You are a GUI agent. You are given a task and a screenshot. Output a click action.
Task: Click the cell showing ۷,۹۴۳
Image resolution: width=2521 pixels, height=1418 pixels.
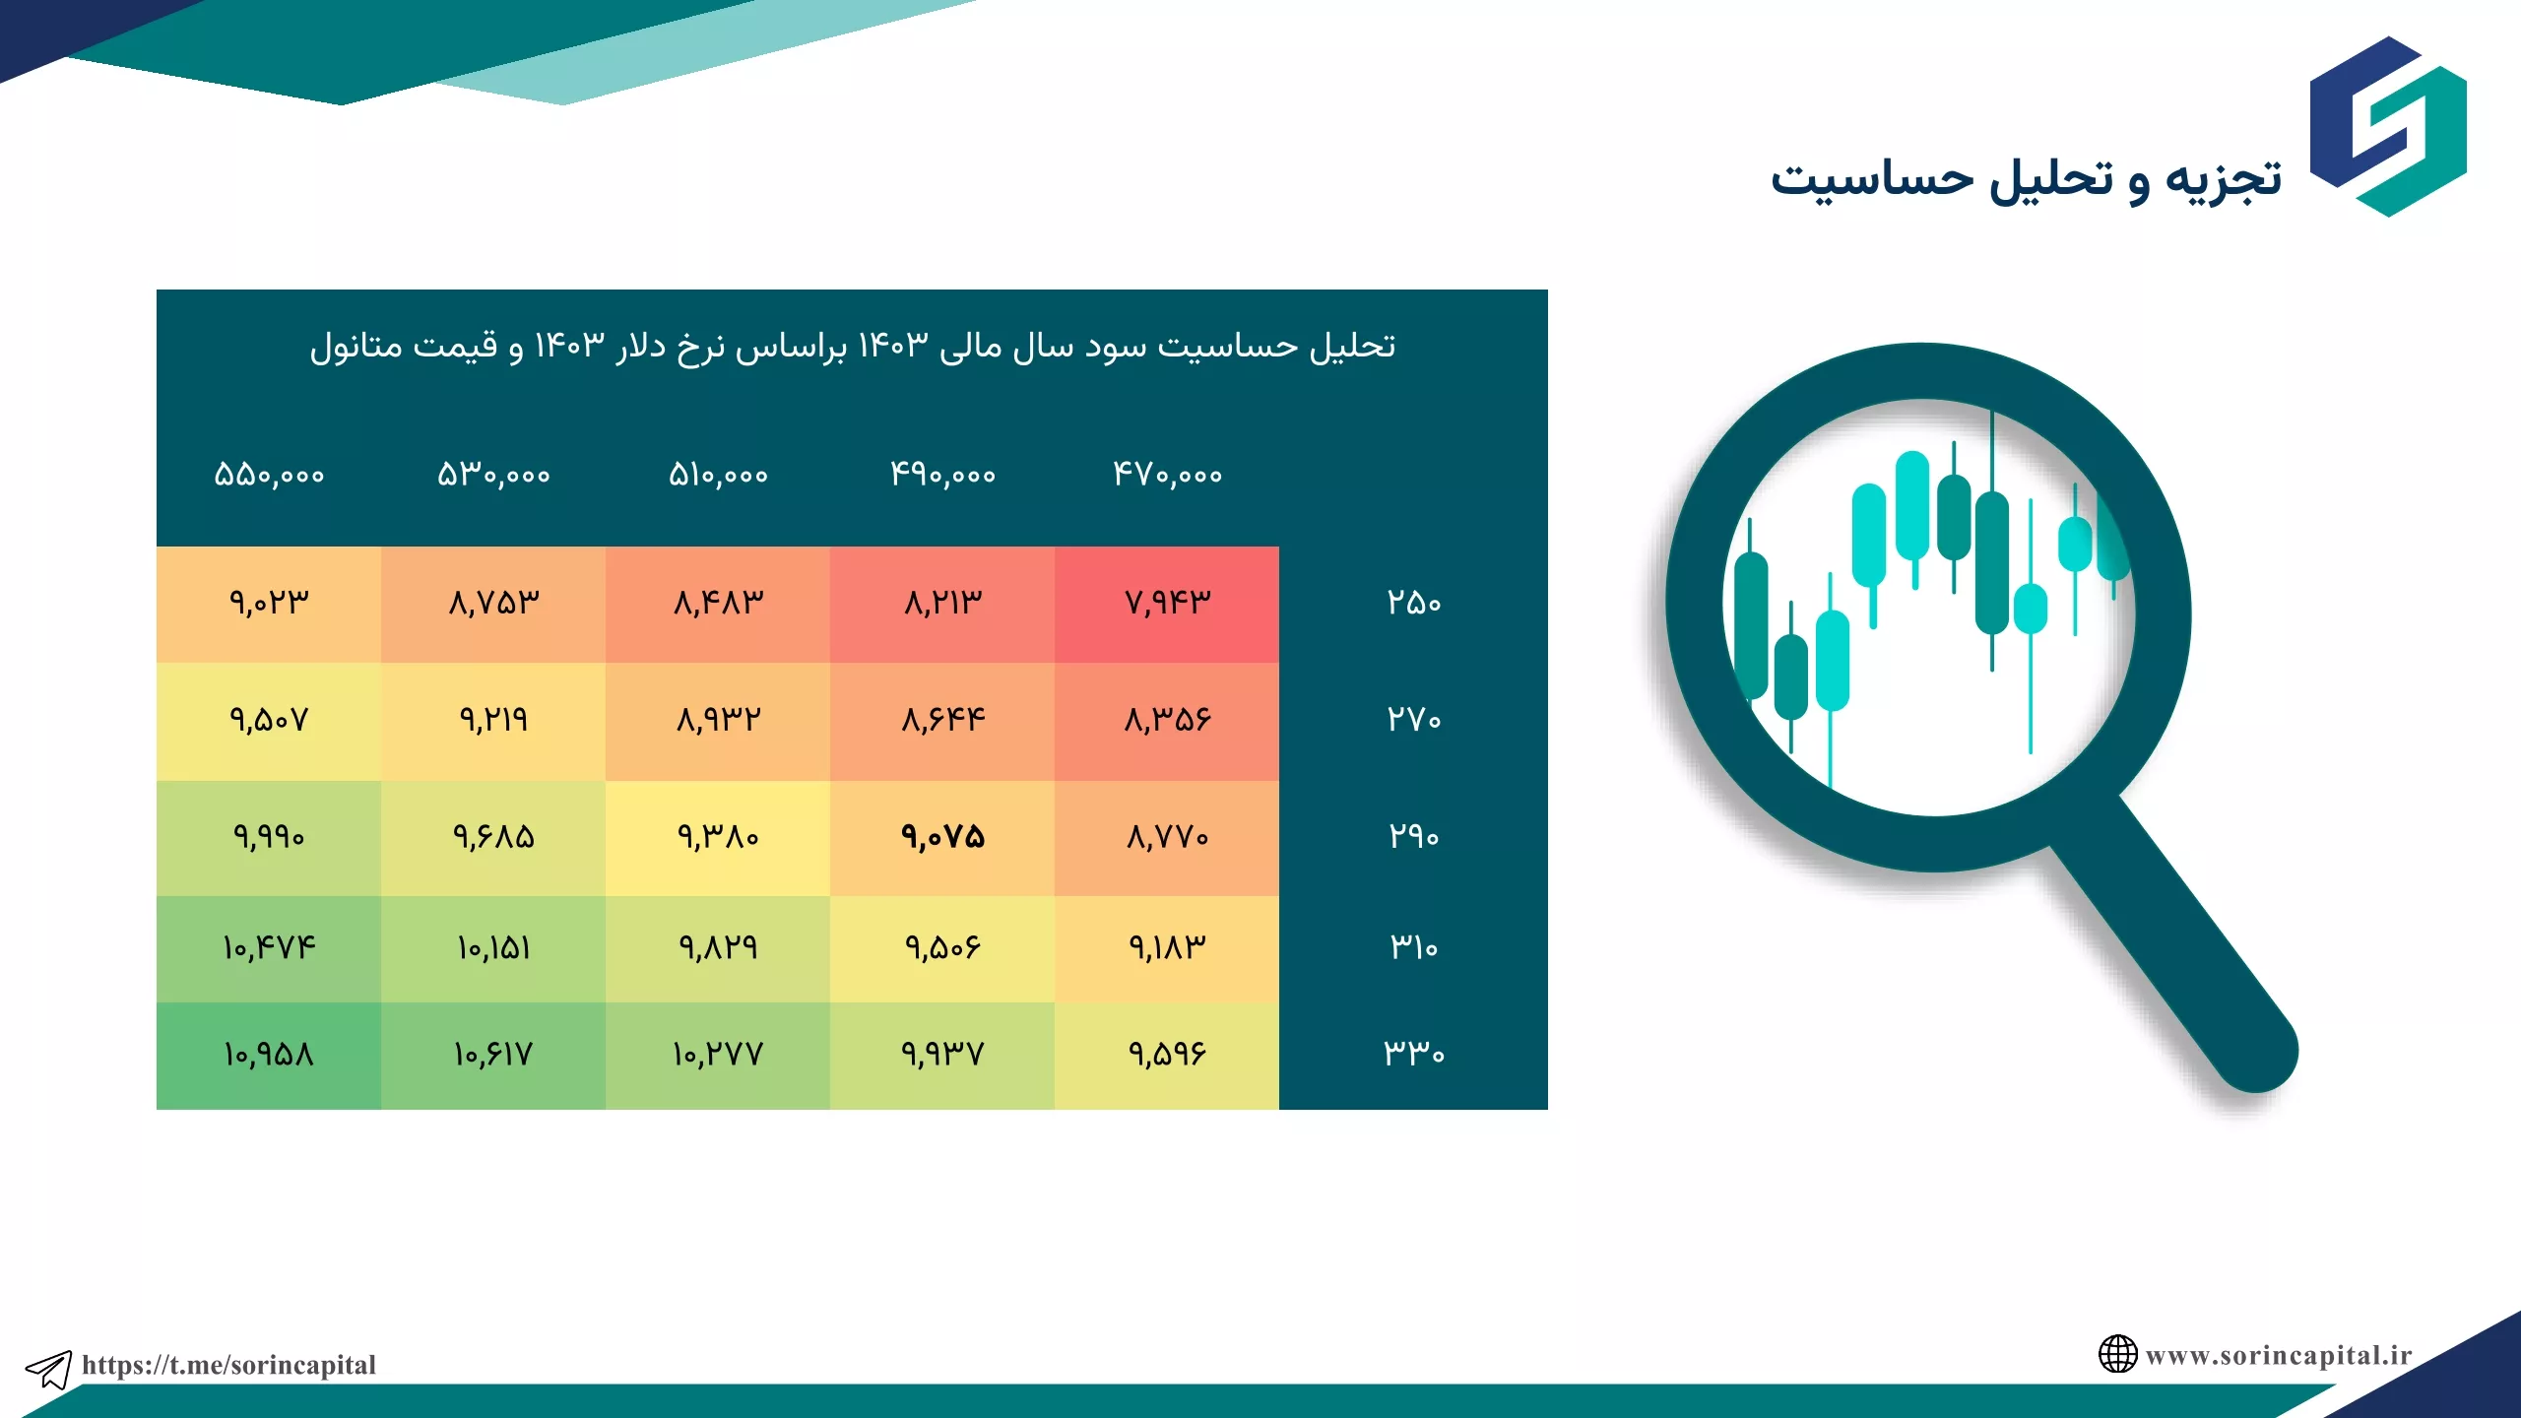(x=1167, y=603)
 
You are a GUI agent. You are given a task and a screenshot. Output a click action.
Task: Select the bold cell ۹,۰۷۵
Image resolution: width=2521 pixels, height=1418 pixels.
(x=942, y=838)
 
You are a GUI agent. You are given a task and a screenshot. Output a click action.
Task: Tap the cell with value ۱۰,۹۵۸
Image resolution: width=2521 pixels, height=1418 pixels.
(x=269, y=1056)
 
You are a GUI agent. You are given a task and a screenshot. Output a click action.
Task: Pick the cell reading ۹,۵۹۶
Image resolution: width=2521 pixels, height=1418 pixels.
(x=1167, y=1056)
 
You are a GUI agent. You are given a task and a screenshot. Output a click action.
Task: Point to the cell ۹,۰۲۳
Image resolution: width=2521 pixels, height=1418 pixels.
(x=269, y=603)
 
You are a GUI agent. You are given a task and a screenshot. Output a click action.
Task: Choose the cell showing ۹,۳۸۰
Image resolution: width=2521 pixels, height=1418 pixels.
(x=718, y=838)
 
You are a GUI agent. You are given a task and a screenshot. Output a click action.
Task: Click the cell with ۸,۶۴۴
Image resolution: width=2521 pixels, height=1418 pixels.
(x=942, y=721)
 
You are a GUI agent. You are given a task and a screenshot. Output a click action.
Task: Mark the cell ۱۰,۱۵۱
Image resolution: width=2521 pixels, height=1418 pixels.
(x=493, y=949)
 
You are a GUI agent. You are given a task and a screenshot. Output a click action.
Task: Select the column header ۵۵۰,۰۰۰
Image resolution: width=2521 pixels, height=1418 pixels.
(x=269, y=475)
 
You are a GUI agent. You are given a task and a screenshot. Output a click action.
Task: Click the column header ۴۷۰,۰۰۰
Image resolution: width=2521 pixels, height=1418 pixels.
(x=1167, y=475)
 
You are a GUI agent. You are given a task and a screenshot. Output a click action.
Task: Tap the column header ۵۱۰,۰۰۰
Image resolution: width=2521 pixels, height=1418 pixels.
(x=718, y=475)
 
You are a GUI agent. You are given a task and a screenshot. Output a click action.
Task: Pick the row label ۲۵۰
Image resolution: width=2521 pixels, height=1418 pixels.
(x=1414, y=603)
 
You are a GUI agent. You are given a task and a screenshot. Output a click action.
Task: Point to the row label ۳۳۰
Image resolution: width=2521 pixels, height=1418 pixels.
(x=1414, y=1054)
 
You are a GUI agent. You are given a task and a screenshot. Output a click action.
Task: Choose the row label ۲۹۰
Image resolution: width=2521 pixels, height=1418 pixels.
(x=1414, y=837)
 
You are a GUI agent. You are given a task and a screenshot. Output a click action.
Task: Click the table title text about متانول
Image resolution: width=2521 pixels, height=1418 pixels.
(x=853, y=347)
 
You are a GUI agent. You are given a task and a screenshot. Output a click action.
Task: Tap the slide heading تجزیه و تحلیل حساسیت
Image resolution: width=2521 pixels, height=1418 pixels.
(x=2026, y=181)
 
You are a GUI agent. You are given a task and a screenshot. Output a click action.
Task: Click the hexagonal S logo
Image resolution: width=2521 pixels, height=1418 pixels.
(x=2388, y=126)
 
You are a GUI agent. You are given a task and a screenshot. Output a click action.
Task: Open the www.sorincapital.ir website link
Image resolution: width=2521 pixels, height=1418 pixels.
(x=2279, y=1356)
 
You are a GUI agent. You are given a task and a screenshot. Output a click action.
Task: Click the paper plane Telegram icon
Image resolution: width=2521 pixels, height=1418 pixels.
(x=48, y=1369)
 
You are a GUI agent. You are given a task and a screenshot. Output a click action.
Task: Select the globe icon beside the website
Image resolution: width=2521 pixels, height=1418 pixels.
(x=2117, y=1354)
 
